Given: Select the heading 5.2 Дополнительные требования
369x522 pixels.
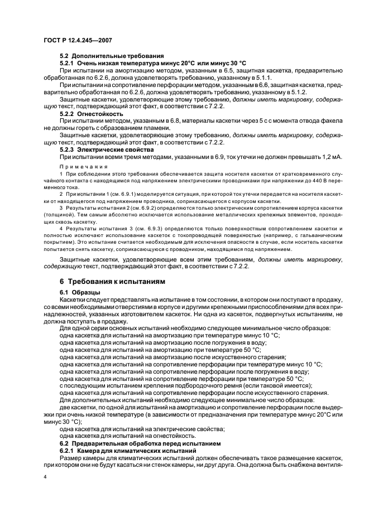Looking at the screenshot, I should point(111,56).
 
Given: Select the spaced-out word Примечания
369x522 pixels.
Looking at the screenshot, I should point(76,167).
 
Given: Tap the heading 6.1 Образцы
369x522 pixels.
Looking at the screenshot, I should point(80,292).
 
